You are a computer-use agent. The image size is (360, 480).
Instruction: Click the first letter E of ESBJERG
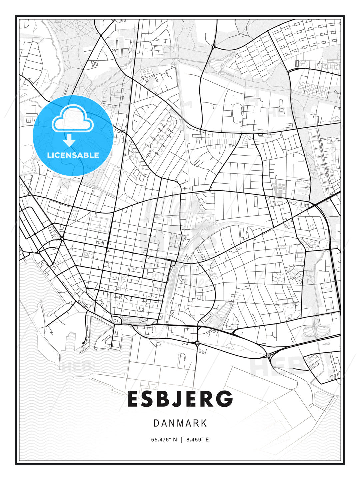[133, 399]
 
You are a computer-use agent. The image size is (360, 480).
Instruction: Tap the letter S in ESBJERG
[148, 399]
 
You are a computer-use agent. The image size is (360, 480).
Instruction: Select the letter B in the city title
[164, 399]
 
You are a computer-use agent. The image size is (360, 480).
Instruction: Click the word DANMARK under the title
[180, 423]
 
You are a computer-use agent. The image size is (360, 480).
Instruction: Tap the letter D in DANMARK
[156, 423]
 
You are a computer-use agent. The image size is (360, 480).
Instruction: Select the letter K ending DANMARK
[204, 423]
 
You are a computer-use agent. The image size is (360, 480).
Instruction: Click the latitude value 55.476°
[161, 440]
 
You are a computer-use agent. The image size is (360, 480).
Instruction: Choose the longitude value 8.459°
[195, 440]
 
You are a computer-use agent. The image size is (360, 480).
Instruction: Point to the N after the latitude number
[175, 440]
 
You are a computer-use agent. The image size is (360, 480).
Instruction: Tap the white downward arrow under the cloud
[69, 140]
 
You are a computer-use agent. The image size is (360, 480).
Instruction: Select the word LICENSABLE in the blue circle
[73, 155]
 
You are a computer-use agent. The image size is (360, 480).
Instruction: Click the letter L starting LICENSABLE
[49, 155]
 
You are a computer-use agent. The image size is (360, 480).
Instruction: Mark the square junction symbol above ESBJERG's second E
[197, 343]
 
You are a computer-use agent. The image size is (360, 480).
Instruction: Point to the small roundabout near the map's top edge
[213, 47]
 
